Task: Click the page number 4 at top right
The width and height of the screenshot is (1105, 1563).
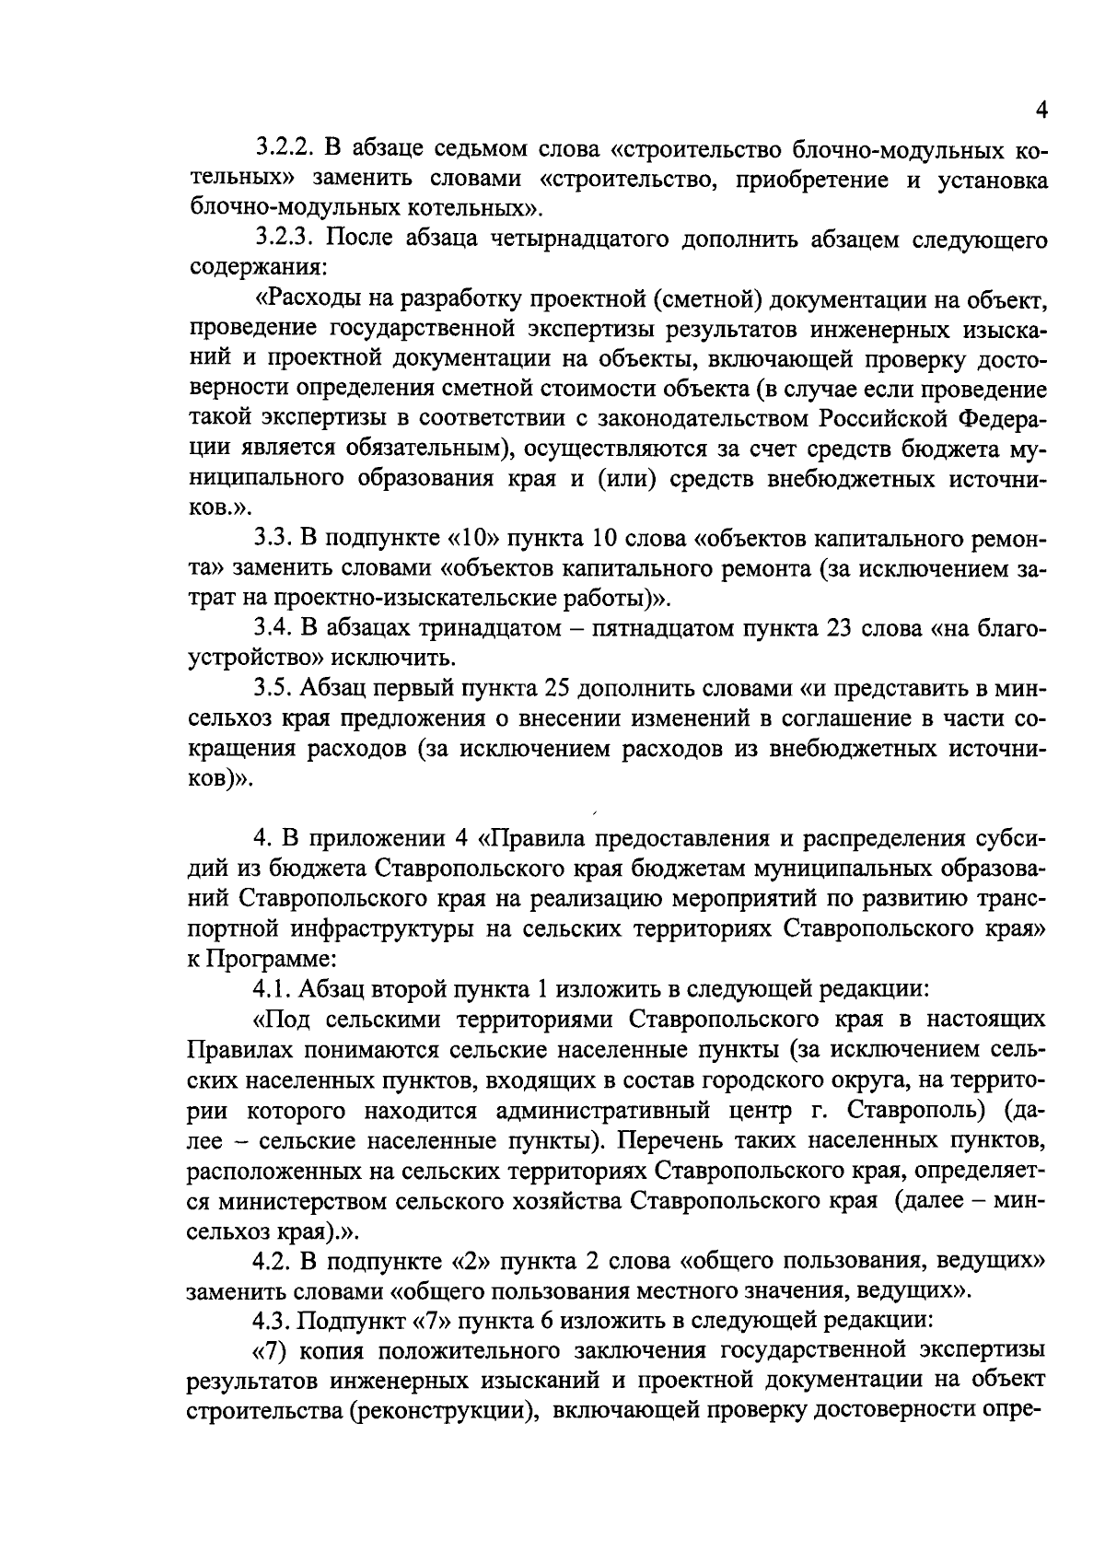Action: pyautogui.click(x=1041, y=111)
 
